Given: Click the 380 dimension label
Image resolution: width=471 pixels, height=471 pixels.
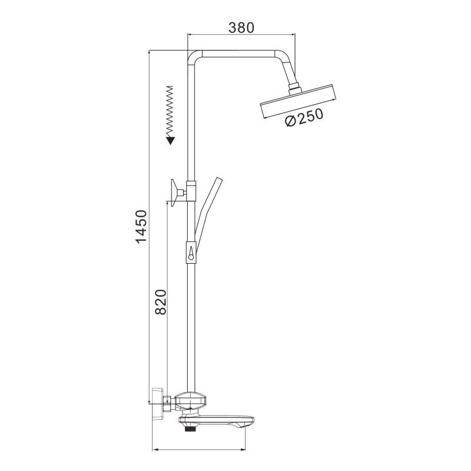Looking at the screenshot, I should tap(241, 27).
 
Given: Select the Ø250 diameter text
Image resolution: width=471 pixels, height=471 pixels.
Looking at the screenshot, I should tap(304, 118).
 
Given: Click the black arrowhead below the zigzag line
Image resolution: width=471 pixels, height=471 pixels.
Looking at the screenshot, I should tap(170, 140).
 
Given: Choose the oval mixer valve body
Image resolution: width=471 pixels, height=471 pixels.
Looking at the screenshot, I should tap(192, 402).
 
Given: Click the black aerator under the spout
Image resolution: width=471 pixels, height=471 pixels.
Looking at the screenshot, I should tap(190, 430).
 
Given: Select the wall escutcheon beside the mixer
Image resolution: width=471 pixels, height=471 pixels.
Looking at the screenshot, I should tap(157, 403).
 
